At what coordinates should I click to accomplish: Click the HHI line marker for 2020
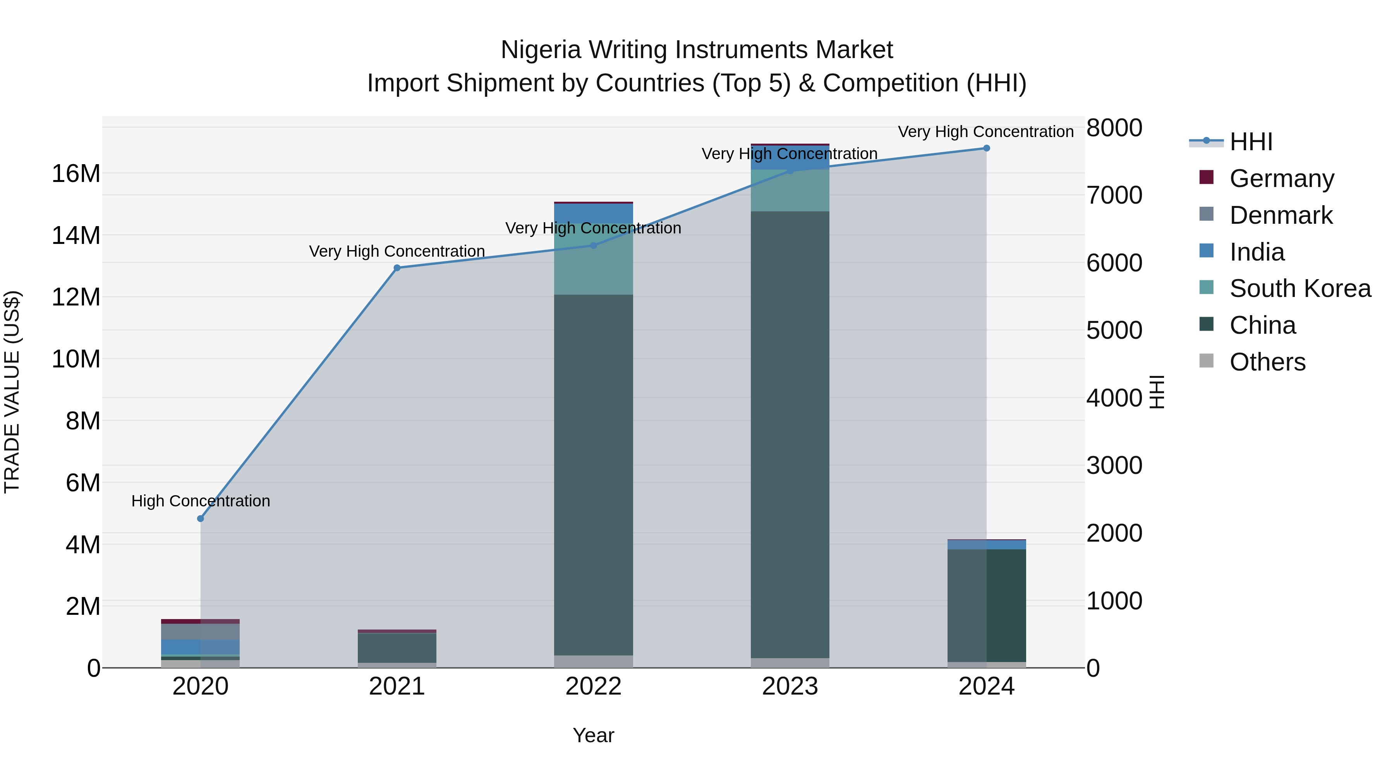click(x=200, y=518)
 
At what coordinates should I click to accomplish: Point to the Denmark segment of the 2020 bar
click(x=200, y=631)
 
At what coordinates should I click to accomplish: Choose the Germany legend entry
click(x=1281, y=178)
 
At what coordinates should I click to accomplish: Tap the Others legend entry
click(x=1267, y=362)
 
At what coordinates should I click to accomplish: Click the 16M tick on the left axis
click(x=76, y=174)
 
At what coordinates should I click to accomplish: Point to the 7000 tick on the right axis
click(x=1114, y=196)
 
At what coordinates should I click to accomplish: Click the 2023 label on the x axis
click(x=790, y=686)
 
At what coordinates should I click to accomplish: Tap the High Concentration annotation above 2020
click(x=200, y=501)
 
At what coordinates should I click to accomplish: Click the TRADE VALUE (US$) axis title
click(x=12, y=392)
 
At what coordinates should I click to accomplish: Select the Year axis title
click(x=593, y=735)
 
